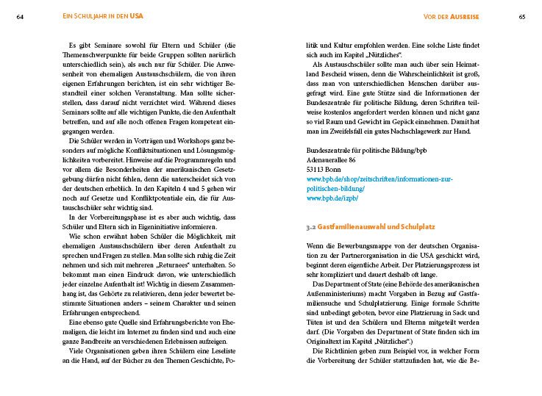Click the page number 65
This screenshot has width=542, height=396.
pyautogui.click(x=521, y=16)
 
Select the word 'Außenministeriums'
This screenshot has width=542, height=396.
pyautogui.click(x=340, y=292)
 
